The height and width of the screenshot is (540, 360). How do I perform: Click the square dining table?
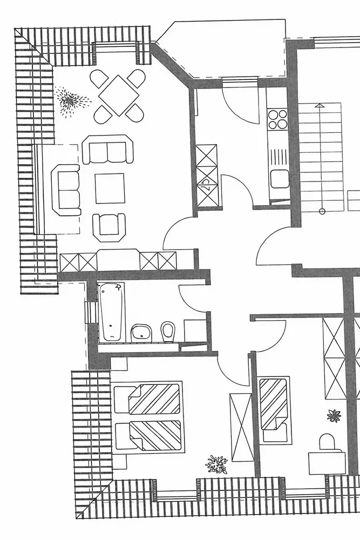click(118, 95)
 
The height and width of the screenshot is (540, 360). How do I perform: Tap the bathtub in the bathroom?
click(112, 313)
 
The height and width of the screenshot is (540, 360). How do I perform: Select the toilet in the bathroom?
click(168, 331)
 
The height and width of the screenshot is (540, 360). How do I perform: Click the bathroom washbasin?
click(141, 332)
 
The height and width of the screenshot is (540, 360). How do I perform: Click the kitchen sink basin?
click(280, 178)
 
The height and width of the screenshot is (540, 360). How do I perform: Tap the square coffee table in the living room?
click(110, 188)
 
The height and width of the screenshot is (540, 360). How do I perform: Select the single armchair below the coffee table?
click(109, 227)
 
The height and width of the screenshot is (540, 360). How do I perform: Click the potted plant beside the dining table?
click(70, 100)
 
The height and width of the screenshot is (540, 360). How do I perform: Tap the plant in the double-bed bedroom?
click(216, 463)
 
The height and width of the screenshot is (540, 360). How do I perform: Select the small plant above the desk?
click(334, 416)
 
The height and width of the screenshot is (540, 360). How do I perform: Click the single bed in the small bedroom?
click(274, 410)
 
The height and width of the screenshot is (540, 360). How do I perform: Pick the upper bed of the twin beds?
click(147, 399)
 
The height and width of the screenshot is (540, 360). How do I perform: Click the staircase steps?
click(321, 157)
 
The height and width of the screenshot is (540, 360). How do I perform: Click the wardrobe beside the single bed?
click(241, 427)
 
